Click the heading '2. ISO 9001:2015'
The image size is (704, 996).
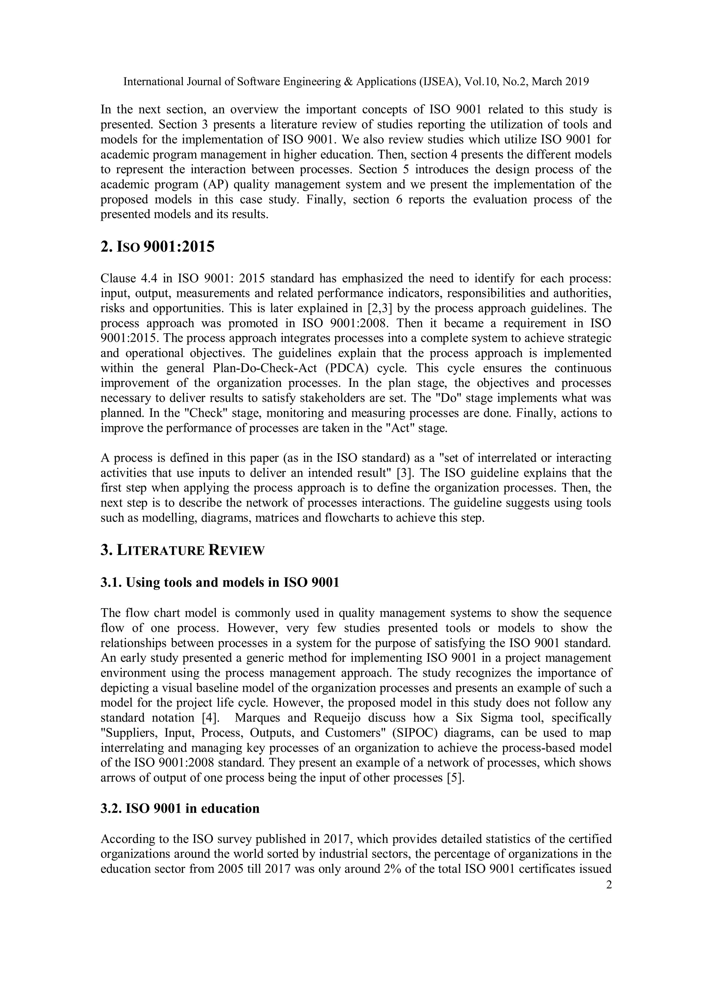click(x=157, y=247)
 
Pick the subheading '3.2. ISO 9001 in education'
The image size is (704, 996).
click(x=180, y=809)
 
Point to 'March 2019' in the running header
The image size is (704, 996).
click(x=560, y=81)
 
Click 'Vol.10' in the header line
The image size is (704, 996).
click(x=480, y=81)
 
